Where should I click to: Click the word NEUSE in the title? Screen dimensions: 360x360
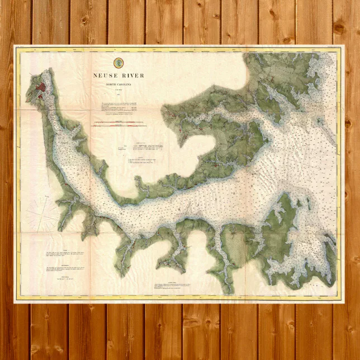[106, 75]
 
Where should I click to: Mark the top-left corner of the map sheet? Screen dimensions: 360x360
[15, 46]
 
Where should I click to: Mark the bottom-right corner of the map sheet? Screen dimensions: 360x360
[343, 302]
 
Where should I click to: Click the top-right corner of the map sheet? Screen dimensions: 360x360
[343, 46]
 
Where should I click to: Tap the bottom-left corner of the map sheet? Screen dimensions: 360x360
[15, 302]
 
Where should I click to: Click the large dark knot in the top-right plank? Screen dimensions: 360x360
[339, 28]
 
